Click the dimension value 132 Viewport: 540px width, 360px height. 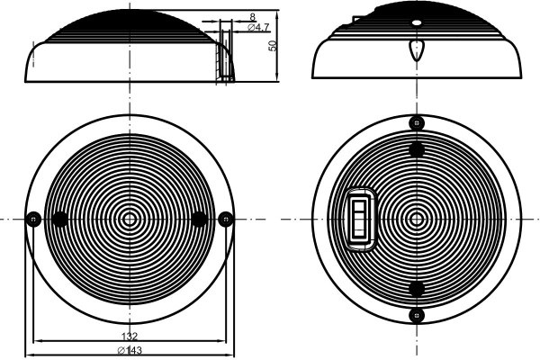pos(130,336)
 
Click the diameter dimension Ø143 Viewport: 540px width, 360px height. pos(130,350)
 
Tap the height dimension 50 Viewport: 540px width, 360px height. pos(273,46)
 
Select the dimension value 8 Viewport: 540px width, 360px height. pos(252,16)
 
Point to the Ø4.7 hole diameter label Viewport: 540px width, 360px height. pos(258,28)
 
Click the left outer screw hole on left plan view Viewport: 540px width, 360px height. pos(34,219)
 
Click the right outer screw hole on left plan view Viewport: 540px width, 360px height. pos(226,219)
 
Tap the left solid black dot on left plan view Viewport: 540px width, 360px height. pos(60,219)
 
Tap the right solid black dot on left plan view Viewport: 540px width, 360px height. pos(200,219)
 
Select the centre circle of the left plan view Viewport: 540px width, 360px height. pos(130,219)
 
